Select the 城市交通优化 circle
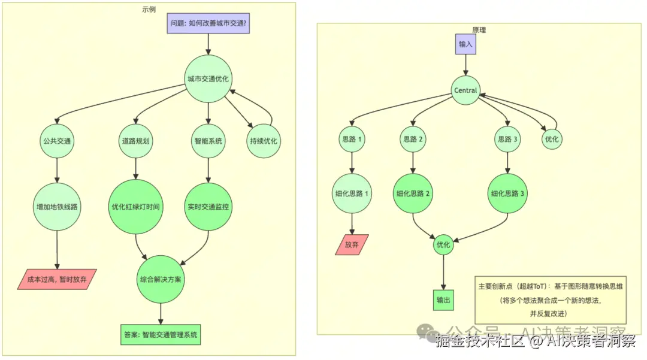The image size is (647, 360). [x=208, y=78]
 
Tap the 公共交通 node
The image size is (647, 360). [x=57, y=141]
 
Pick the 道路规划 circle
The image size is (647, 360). [x=135, y=141]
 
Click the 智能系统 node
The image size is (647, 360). [x=208, y=141]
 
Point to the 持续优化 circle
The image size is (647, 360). [x=264, y=141]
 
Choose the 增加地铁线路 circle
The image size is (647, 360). [x=57, y=207]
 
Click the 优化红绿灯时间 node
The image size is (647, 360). [x=135, y=207]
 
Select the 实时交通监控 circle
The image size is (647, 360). [x=208, y=207]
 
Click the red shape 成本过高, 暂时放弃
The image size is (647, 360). [x=58, y=279]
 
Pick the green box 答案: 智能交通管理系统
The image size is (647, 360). [x=160, y=334]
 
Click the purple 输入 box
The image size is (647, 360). [x=465, y=44]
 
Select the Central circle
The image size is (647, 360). [x=465, y=90]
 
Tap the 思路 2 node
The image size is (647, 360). [x=412, y=139]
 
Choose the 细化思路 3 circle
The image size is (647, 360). [x=508, y=193]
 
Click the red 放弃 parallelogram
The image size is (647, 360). [x=352, y=244]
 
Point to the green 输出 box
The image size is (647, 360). [x=443, y=300]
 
